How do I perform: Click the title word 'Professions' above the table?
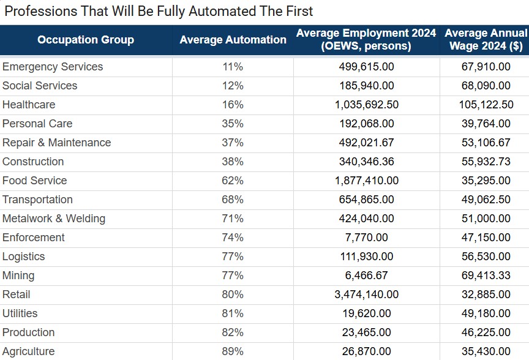click(x=37, y=11)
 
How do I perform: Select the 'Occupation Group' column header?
click(x=86, y=40)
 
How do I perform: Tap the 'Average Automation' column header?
click(x=233, y=40)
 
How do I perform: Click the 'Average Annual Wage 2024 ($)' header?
click(x=485, y=40)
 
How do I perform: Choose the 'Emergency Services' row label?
click(x=53, y=67)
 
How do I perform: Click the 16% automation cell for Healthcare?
click(x=233, y=105)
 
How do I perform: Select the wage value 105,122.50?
click(x=486, y=105)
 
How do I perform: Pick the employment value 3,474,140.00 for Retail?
click(x=366, y=294)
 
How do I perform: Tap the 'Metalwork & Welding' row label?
click(x=54, y=219)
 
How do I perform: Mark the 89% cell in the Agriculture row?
click(x=233, y=351)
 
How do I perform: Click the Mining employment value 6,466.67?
click(x=366, y=276)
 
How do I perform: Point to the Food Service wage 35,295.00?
click(x=486, y=181)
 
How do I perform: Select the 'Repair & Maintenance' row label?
click(x=57, y=143)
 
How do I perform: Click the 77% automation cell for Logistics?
click(x=233, y=257)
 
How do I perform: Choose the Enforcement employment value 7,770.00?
click(x=366, y=238)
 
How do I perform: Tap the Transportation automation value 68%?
click(x=233, y=200)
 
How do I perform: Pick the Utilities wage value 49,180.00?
click(x=486, y=313)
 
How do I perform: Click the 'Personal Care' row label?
click(x=37, y=124)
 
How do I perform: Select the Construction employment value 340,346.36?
click(x=366, y=162)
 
